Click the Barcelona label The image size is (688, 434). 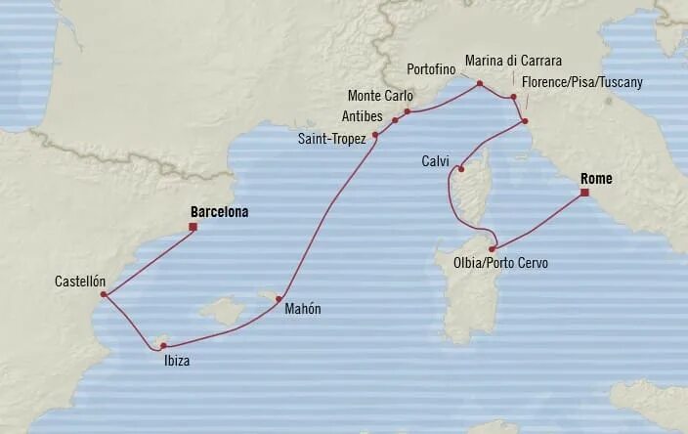220,210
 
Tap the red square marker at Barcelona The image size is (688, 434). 193,228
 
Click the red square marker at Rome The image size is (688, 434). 583,193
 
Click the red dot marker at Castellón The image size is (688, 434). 104,294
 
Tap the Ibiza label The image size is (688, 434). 177,360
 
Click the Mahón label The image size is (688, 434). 302,310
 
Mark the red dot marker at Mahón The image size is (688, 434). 279,299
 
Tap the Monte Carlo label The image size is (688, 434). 381,96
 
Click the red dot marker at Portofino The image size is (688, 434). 479,84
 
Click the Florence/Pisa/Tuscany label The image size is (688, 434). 582,82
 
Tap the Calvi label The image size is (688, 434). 435,159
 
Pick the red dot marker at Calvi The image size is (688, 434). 457,168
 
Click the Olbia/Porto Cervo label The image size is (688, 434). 500,264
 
